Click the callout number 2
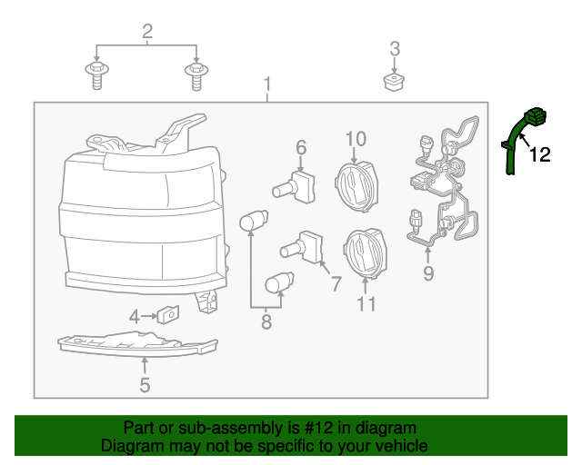coord(147,32)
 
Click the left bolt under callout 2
coord(97,75)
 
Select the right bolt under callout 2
coord(196,76)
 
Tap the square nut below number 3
coord(394,82)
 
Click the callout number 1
coord(267,84)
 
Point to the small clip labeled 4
coord(168,314)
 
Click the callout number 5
coord(145,385)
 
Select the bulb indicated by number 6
coord(295,187)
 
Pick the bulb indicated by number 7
coord(302,247)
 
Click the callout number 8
coord(266,322)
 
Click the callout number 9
coord(428,273)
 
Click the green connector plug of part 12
coord(536,116)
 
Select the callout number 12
coord(539,154)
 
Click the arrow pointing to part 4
coord(149,316)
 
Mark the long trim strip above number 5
coord(137,344)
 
